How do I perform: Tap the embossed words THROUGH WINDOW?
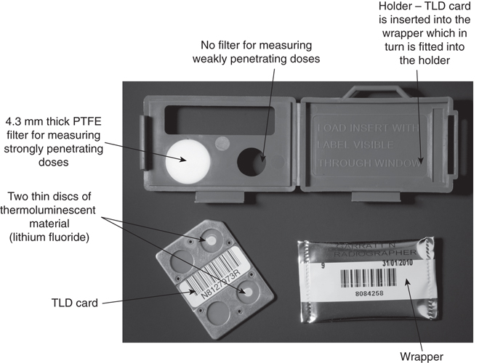click(370, 164)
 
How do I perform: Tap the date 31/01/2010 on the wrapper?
click(396, 264)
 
